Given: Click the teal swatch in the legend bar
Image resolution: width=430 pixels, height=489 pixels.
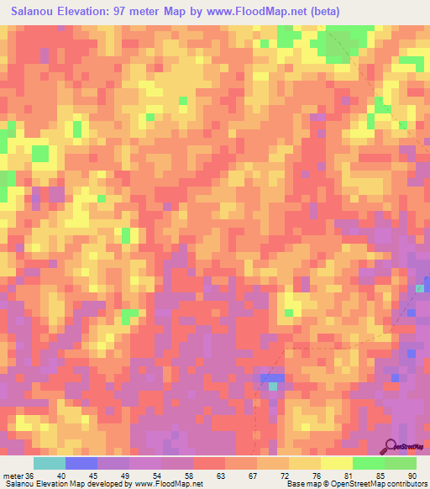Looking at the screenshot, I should [x=50, y=463].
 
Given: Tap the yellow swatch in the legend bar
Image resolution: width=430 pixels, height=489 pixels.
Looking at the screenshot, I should [x=337, y=463].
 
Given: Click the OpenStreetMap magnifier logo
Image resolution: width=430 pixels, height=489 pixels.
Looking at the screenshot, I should [x=391, y=446].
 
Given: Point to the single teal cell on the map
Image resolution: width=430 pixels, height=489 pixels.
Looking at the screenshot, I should [x=272, y=386].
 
